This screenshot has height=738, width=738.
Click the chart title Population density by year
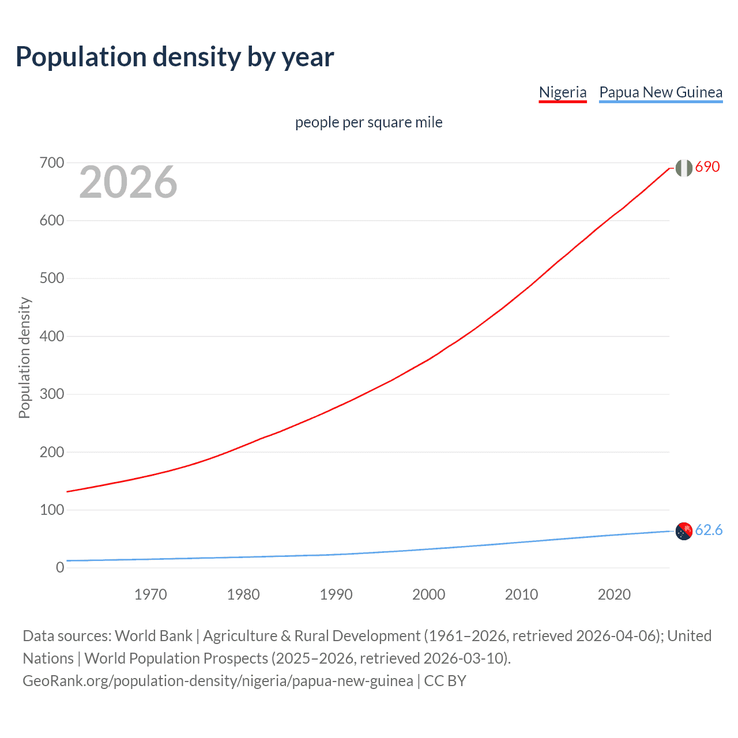click(x=175, y=57)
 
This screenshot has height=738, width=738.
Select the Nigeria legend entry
click(x=562, y=92)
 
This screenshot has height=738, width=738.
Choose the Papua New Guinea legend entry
click(x=661, y=92)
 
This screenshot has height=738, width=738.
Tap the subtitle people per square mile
click(x=368, y=122)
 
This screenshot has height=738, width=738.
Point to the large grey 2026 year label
click(x=128, y=182)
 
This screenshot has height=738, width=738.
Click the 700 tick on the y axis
click(x=52, y=163)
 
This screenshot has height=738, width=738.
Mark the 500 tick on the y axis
click(x=52, y=278)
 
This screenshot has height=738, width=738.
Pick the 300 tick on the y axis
click(x=52, y=394)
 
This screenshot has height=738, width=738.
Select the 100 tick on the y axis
click(x=52, y=510)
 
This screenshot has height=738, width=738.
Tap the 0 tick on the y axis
click(x=60, y=568)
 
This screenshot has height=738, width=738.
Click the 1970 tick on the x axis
click(x=150, y=594)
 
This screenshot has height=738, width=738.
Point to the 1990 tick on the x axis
click(x=336, y=594)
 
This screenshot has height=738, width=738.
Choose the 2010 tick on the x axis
click(x=521, y=594)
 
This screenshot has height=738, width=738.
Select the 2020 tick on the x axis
click(x=614, y=594)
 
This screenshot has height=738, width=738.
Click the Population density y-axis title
click(x=24, y=357)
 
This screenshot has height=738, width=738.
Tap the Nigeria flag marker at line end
click(x=684, y=168)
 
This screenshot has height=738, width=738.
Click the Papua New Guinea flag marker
click(x=684, y=531)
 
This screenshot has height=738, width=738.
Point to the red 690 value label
click(x=707, y=167)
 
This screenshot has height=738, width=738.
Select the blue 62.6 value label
click(x=709, y=530)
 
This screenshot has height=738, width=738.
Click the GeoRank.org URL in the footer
click(x=218, y=681)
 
